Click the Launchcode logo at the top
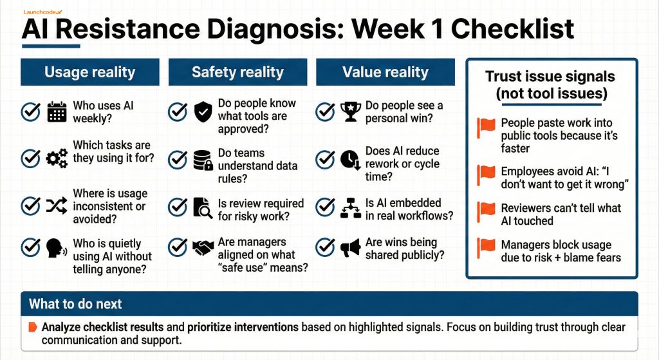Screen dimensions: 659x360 42,12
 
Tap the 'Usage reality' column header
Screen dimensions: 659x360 90,72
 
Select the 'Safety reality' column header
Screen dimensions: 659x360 238,72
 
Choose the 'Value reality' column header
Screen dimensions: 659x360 385,72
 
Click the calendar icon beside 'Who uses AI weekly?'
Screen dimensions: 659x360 57,112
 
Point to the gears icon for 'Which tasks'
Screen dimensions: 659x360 57,158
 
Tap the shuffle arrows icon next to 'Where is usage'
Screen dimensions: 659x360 57,205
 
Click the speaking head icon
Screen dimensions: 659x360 57,248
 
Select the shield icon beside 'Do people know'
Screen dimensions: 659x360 203,112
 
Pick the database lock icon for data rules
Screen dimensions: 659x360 203,160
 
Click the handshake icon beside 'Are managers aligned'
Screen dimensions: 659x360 203,248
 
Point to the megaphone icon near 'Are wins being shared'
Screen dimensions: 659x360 351,248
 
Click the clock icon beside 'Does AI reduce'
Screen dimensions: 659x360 351,160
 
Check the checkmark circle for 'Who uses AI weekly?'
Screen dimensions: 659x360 31,112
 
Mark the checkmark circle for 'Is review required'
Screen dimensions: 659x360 178,207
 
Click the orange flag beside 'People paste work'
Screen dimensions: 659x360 487,128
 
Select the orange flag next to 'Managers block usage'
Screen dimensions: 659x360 487,248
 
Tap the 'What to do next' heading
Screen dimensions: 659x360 75,303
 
